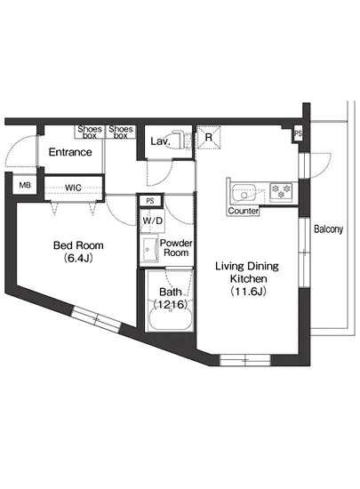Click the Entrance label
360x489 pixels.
(70, 152)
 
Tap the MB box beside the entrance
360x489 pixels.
(25, 185)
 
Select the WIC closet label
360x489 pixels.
(73, 188)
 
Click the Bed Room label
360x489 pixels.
(78, 245)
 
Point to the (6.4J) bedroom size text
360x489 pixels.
(78, 258)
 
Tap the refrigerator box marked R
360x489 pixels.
(209, 137)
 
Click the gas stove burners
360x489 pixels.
(281, 191)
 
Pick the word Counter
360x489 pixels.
(244, 211)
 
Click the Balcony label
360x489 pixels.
(328, 229)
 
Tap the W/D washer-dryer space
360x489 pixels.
(152, 220)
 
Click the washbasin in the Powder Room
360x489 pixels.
(150, 249)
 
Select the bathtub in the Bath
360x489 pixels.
(171, 317)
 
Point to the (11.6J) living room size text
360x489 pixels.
(248, 292)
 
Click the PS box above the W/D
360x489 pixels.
(150, 201)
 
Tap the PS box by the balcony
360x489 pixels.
(298, 133)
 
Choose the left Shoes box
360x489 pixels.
(90, 132)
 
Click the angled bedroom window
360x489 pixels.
(97, 319)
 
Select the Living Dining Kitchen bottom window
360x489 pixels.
(245, 360)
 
